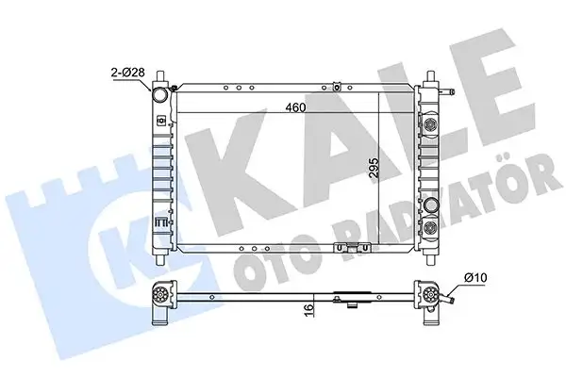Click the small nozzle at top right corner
tap(453, 92)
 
